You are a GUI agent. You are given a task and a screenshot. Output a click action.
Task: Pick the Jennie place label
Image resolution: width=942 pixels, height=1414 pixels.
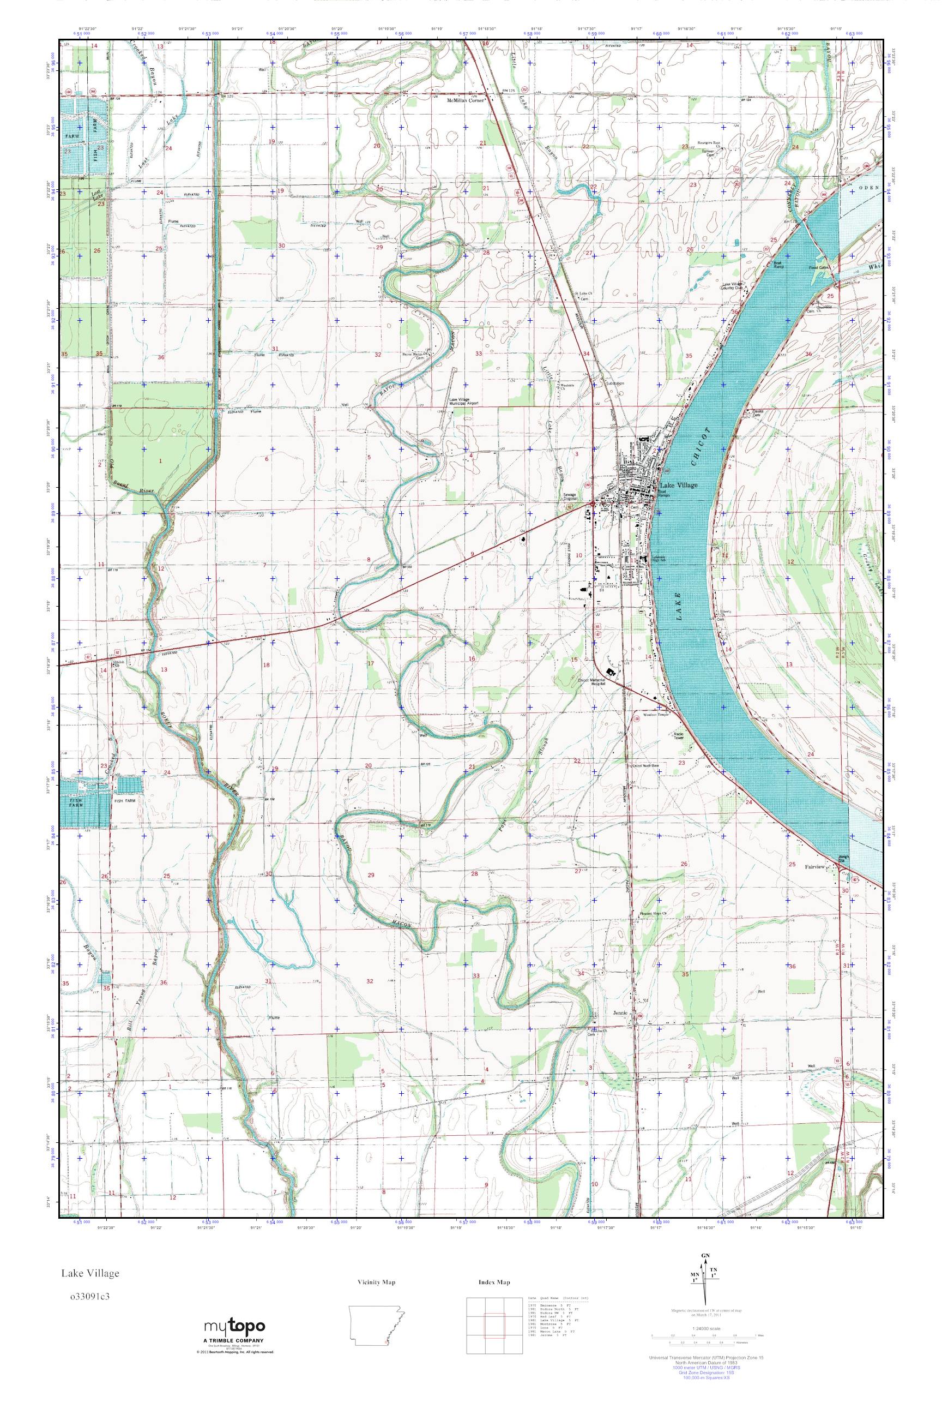(x=620, y=1012)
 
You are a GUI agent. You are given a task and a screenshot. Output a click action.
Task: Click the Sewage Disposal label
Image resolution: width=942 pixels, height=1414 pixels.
(x=570, y=496)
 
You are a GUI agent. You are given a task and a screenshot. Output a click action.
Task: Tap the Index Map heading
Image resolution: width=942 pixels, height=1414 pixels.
(x=494, y=1283)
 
